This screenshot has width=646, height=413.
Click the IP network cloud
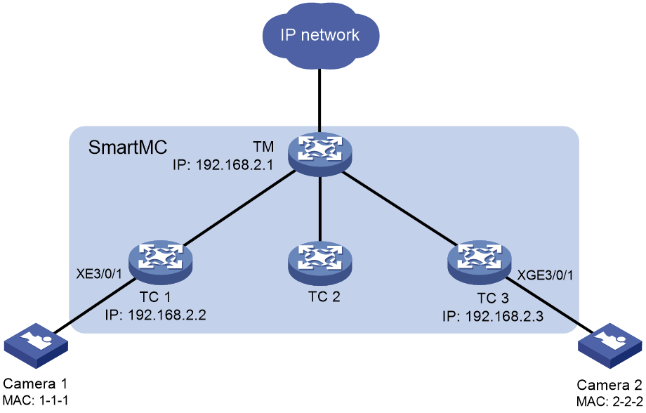pos(320,35)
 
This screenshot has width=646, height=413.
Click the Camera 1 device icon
pos(36,346)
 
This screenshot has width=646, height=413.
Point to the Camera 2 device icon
pos(610,346)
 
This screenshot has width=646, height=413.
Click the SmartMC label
pos(128,147)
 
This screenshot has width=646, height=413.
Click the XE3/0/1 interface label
pos(99,274)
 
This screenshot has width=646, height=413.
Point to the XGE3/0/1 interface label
pos(545,275)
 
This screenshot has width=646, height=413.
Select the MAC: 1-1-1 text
pos(35,400)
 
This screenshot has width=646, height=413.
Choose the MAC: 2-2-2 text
pos(609,401)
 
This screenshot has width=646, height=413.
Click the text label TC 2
pos(324,297)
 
